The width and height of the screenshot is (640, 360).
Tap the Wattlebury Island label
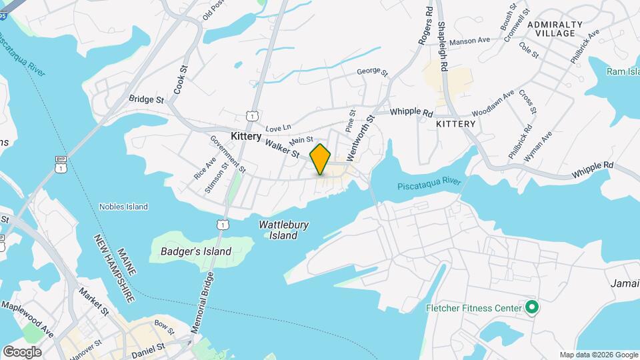(283, 230)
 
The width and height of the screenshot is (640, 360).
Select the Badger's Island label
(196, 251)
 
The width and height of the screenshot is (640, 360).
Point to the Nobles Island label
(123, 207)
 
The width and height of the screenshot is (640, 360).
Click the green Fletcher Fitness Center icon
(531, 308)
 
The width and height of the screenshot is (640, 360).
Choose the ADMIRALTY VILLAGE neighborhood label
(555, 29)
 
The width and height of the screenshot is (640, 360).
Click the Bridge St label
(147, 99)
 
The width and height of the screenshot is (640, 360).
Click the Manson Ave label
(469, 41)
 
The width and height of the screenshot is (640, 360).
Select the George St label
(372, 71)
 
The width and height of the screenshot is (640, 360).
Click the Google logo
(22, 351)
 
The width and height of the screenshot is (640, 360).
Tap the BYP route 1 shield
(60, 164)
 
